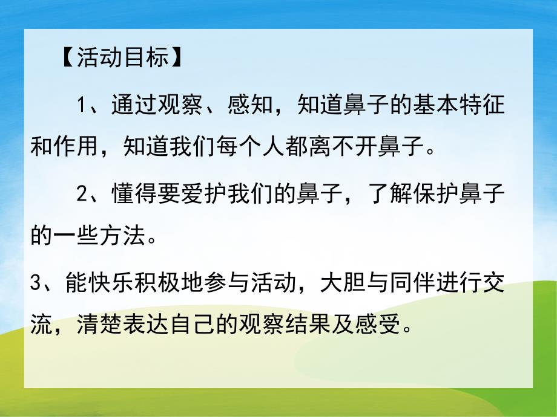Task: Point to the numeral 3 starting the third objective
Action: (x=36, y=283)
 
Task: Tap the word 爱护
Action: (x=203, y=195)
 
